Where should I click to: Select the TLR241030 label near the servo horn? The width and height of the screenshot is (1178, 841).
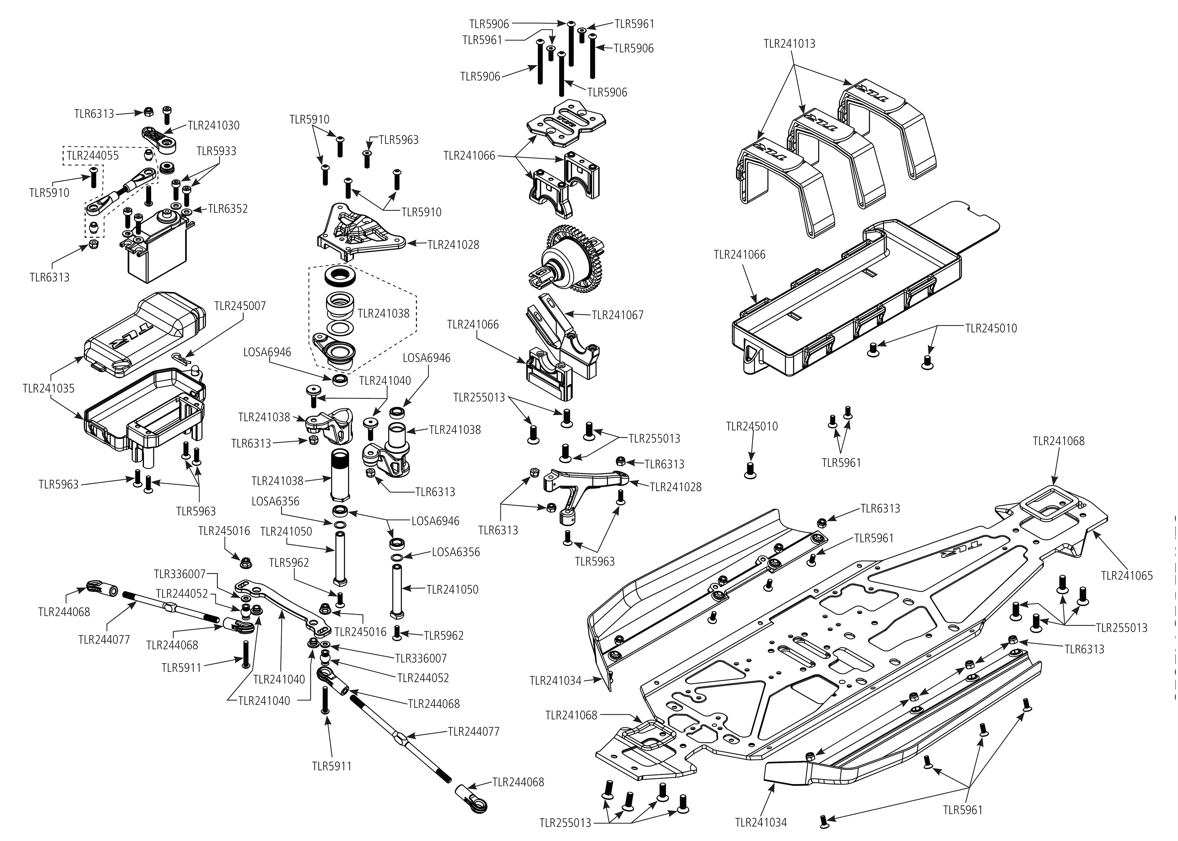(214, 125)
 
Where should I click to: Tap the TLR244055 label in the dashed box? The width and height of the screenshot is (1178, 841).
(93, 155)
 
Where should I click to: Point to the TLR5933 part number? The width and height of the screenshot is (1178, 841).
(216, 151)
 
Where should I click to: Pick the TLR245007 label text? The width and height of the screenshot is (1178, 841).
(240, 306)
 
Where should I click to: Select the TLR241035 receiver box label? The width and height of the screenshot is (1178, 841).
(49, 388)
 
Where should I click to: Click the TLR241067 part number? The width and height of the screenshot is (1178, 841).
(617, 315)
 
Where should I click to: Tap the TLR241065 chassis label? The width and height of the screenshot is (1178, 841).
(1127, 575)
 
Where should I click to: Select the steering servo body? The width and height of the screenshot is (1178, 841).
(156, 256)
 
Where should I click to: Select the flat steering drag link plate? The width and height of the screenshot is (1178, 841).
(282, 606)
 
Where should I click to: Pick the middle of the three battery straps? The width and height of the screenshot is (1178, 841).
(829, 155)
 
